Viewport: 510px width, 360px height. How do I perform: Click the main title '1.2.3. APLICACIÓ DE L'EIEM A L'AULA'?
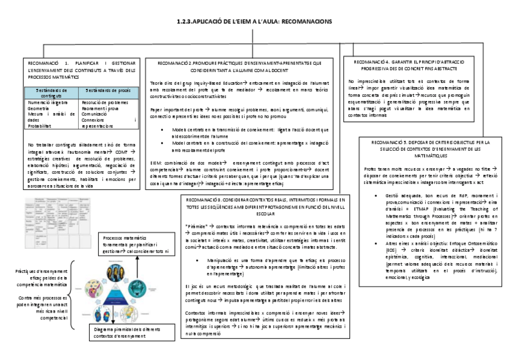[x=254, y=21]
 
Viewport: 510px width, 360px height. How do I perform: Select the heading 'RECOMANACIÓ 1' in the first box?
[x=46, y=63]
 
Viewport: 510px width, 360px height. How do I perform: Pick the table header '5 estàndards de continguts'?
[x=52, y=92]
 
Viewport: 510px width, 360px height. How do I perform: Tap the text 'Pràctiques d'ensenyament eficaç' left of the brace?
[x=41, y=275]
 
